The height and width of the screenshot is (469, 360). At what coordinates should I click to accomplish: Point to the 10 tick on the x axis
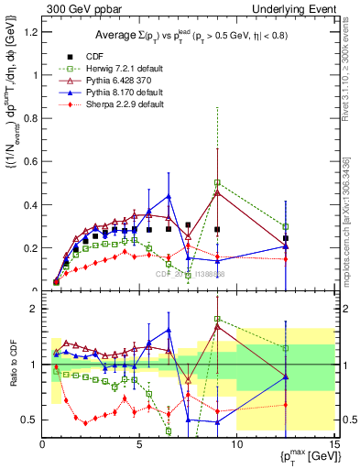click(x=237, y=446)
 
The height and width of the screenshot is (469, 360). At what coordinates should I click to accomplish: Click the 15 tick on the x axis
click(x=333, y=446)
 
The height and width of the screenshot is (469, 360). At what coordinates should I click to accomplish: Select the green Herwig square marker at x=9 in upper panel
click(x=217, y=183)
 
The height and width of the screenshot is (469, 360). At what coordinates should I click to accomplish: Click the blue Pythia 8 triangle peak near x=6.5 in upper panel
click(x=169, y=196)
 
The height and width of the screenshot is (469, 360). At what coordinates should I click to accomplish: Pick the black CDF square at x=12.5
click(x=286, y=238)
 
